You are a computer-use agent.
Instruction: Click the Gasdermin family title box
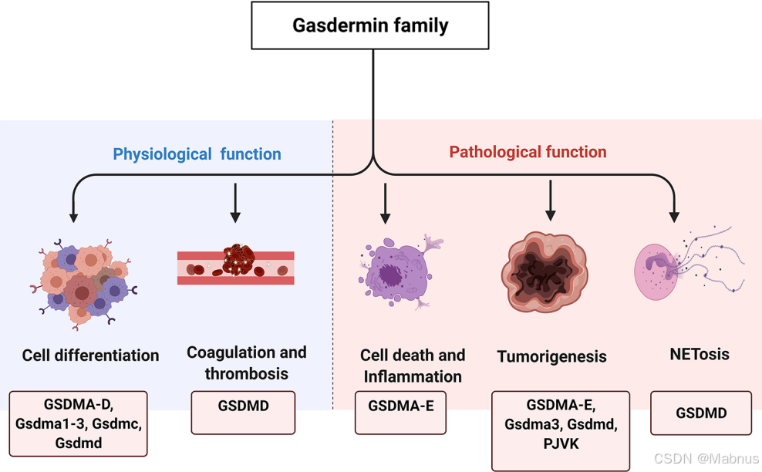(370, 25)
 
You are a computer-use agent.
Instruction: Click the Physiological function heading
(197, 154)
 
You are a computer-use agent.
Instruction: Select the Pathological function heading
(528, 152)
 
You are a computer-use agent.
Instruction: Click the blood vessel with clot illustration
(236, 266)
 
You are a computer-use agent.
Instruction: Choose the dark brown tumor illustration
(549, 271)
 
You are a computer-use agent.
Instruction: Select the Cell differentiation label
(90, 356)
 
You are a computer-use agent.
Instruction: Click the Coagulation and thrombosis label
(246, 362)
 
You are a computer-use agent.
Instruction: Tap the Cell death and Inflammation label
(413, 366)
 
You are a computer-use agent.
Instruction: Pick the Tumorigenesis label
(551, 356)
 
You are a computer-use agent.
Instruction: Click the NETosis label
(700, 354)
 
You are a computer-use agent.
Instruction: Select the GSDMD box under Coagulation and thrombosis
(243, 406)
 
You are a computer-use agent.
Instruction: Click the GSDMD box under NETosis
(700, 413)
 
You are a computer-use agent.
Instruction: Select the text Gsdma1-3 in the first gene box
(49, 423)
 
